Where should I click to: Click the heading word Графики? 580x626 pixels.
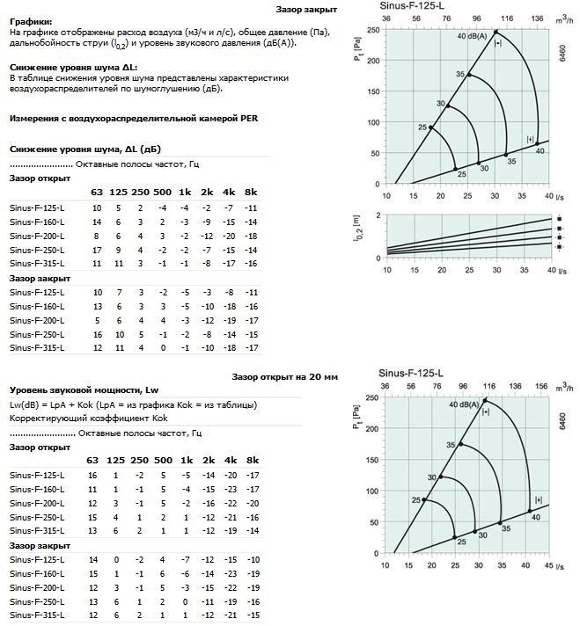tap(30, 20)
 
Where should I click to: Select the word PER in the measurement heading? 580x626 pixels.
tap(249, 117)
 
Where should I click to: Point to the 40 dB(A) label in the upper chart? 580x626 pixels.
tap(474, 36)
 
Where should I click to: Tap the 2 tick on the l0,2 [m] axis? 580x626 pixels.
tap(378, 215)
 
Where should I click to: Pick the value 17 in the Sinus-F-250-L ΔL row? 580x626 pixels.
tap(94, 250)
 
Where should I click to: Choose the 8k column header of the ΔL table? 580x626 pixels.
tap(251, 192)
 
